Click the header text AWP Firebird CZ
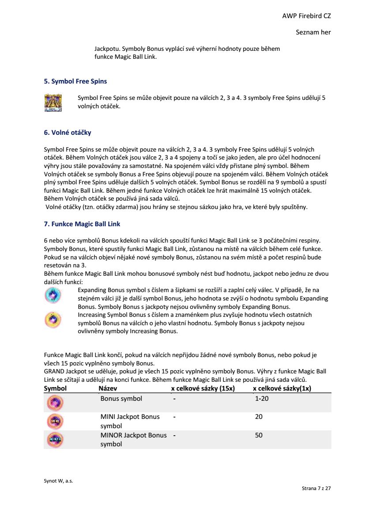[306, 16]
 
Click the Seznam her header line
[313, 32]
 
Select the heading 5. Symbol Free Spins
[75, 81]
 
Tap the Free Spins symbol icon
[53, 103]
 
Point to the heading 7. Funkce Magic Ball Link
[82, 224]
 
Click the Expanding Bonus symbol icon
[53, 295]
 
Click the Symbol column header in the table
[55, 388]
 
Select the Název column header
[108, 388]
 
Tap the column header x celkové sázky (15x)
[203, 388]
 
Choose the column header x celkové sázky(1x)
[282, 388]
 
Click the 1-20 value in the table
[262, 399]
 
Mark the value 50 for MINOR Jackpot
[259, 435]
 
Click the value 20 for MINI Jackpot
[259, 417]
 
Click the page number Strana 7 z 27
[316, 489]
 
